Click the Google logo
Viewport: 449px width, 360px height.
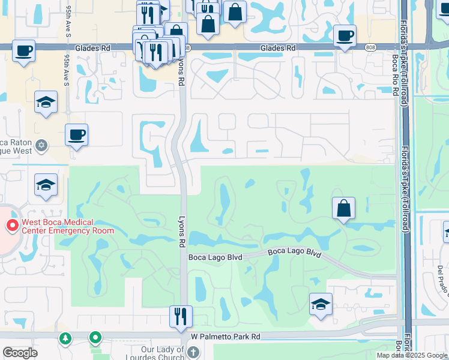click(x=20, y=353)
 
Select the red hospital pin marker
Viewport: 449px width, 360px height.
click(x=11, y=226)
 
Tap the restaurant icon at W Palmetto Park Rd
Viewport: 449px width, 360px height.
click(x=180, y=316)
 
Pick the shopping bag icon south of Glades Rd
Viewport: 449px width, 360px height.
click(x=344, y=208)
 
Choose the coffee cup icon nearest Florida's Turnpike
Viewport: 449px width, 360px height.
click(x=345, y=36)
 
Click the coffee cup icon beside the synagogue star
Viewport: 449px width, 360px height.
click(x=76, y=135)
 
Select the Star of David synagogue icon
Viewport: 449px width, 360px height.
click(x=41, y=145)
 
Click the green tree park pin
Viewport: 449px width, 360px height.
click(x=65, y=339)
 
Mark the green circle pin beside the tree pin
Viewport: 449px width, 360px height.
click(x=95, y=339)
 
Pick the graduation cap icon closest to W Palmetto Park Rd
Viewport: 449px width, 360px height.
click(x=321, y=304)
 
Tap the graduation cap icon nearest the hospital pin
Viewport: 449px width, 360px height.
click(x=46, y=185)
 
